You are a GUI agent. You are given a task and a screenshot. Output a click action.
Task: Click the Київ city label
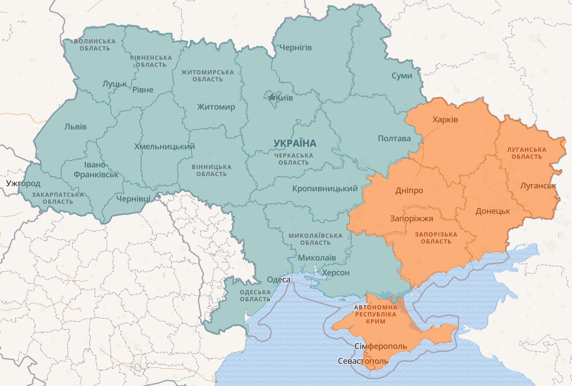click(284, 98)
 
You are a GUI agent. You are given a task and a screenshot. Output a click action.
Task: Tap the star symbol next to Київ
click(272, 98)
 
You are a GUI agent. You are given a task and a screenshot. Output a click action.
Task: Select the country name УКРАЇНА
click(295, 143)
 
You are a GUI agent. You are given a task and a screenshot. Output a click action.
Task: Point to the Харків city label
click(445, 119)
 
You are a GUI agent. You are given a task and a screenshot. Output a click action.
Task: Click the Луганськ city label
click(538, 186)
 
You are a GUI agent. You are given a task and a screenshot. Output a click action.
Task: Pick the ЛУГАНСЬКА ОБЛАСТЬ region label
click(527, 153)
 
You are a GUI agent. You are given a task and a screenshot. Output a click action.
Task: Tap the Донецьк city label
click(492, 211)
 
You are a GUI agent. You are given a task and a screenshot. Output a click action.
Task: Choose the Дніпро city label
click(409, 191)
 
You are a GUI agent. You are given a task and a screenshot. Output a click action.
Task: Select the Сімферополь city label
click(380, 347)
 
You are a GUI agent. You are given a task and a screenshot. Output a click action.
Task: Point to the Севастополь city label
click(363, 361)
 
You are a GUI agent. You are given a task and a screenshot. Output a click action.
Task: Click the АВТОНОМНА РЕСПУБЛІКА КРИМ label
click(376, 314)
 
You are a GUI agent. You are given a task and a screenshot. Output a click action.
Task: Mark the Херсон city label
click(336, 273)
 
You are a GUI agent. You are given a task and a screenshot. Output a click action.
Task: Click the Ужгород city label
click(23, 183)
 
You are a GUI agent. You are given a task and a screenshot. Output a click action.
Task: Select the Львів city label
click(75, 126)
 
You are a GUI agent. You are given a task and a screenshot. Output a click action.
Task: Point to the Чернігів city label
click(296, 47)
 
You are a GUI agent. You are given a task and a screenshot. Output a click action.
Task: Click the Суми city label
click(402, 75)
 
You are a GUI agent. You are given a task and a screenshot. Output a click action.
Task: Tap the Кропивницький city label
click(325, 189)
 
